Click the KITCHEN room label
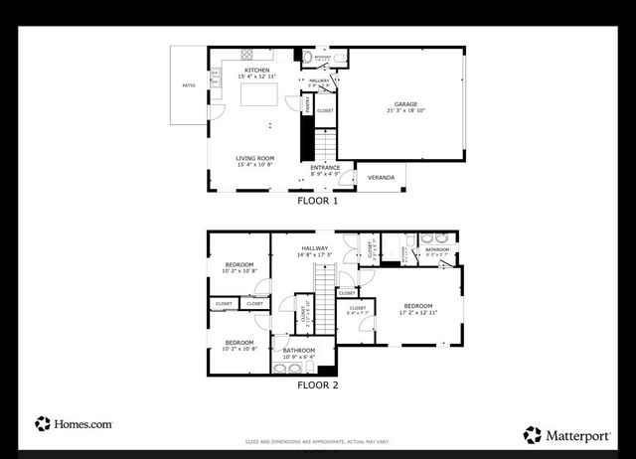pyautogui.click(x=257, y=70)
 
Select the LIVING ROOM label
pyautogui.click(x=255, y=158)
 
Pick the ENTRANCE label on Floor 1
pyautogui.click(x=325, y=167)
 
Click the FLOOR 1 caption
pyautogui.click(x=318, y=201)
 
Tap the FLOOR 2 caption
pyautogui.click(x=318, y=384)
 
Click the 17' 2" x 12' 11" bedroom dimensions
pyautogui.click(x=418, y=313)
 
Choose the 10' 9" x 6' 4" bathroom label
pyautogui.click(x=298, y=357)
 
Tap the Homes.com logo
pyautogui.click(x=74, y=424)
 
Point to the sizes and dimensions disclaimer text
pyautogui.click(x=318, y=441)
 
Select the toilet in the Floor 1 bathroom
pyautogui.click(x=308, y=57)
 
